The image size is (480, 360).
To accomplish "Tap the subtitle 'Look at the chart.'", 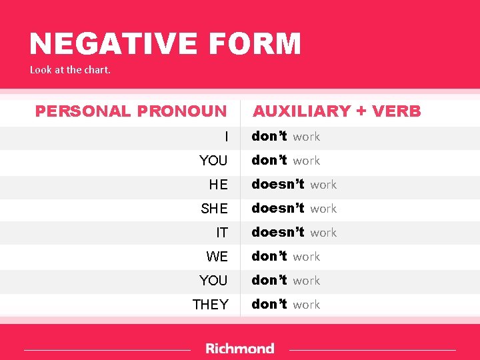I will (70, 69).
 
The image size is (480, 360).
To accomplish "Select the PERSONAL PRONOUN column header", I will (131, 111).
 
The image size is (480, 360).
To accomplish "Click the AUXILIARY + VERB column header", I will (337, 111).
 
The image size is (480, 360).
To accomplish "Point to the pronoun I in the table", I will (226, 137).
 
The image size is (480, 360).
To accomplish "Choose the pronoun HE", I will (218, 185).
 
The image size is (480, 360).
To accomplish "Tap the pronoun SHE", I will (214, 209).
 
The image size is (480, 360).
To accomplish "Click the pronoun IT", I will (221, 233).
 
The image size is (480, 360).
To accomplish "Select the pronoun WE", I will (217, 257).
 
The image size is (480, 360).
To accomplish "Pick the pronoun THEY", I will (210, 305).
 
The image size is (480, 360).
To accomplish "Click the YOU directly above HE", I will (213, 161).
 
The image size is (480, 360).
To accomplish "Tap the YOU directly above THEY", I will (213, 281).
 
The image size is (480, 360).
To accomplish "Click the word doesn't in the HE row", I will (278, 184).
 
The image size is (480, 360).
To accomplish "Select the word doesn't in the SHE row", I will (278, 208).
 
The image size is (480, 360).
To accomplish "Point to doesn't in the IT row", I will (278, 232).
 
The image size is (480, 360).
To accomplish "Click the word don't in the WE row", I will (269, 256).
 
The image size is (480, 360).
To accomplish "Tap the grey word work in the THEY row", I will (307, 305).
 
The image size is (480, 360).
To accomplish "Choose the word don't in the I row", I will (269, 136).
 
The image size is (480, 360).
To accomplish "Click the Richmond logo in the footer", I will (240, 348).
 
